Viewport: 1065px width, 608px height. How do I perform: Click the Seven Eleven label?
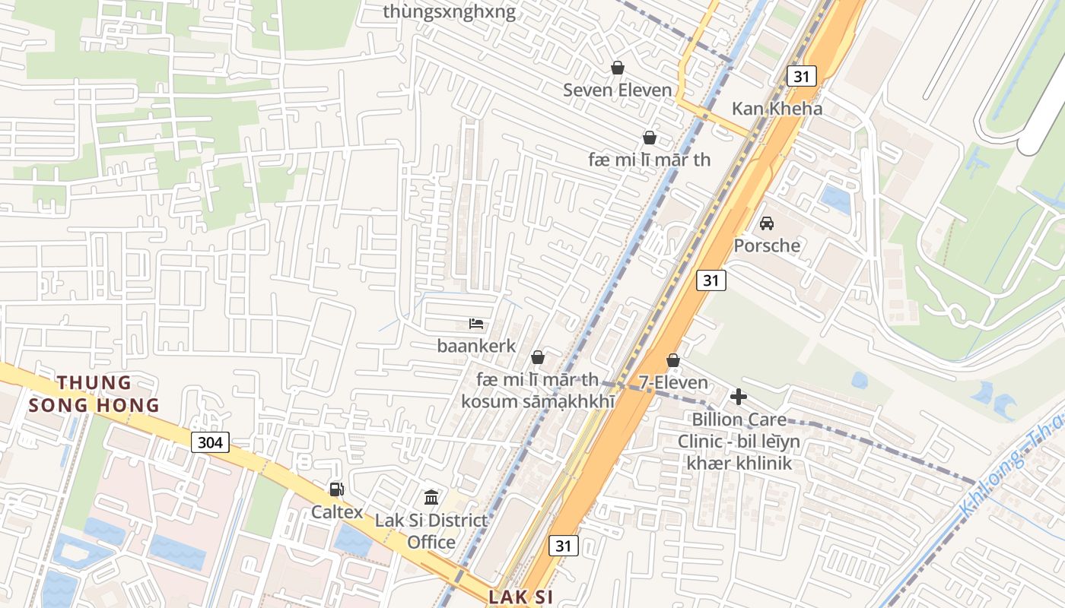click(x=617, y=90)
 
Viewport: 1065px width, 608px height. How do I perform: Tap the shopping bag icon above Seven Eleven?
click(x=618, y=68)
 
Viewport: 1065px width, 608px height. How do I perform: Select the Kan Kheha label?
click(x=777, y=109)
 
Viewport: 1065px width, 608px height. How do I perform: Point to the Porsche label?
click(x=767, y=245)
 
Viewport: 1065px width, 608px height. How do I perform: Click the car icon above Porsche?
click(x=767, y=223)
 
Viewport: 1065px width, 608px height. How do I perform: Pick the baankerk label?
click(x=476, y=346)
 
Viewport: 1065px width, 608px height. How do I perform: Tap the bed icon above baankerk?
click(x=477, y=325)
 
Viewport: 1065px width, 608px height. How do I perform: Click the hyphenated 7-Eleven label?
click(x=673, y=383)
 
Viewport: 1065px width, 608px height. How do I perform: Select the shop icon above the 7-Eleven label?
click(x=673, y=360)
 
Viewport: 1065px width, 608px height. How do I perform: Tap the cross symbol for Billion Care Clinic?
click(x=738, y=397)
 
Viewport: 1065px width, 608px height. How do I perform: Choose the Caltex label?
click(x=336, y=512)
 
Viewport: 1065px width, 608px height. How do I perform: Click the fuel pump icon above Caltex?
click(x=336, y=489)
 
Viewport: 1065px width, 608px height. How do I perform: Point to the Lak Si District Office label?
click(x=431, y=531)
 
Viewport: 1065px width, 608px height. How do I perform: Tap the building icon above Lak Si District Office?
click(x=431, y=498)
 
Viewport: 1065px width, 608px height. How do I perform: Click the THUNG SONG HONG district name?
click(x=94, y=394)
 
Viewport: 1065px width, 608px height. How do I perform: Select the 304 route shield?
click(x=210, y=442)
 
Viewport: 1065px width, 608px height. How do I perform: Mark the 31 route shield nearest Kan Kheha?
click(x=801, y=76)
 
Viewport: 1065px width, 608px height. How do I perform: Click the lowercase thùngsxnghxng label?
click(x=449, y=11)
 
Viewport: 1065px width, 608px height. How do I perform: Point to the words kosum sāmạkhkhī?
click(x=539, y=401)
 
